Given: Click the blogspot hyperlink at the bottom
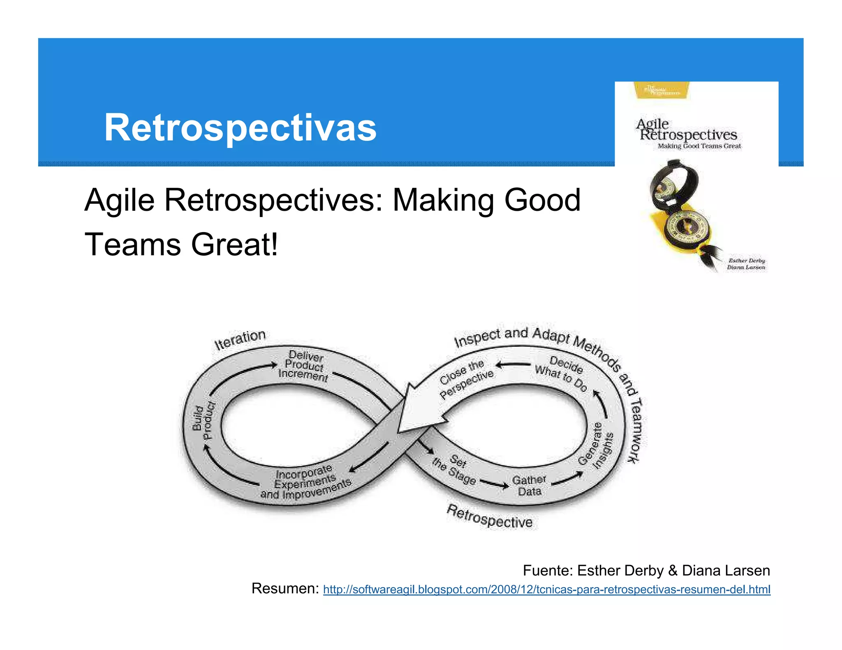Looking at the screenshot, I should tap(546, 589).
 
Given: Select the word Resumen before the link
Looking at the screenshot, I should tap(285, 588).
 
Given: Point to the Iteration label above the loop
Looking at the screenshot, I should tap(240, 339).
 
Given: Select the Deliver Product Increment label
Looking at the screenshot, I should tap(304, 366).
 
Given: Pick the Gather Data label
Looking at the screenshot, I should tap(529, 486).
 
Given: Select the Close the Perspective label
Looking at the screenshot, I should tap(465, 378).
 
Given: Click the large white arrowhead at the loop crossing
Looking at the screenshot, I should tap(415, 411).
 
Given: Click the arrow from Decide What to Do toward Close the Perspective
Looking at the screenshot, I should tap(513, 364).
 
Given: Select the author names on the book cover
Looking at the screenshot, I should tap(746, 264).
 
